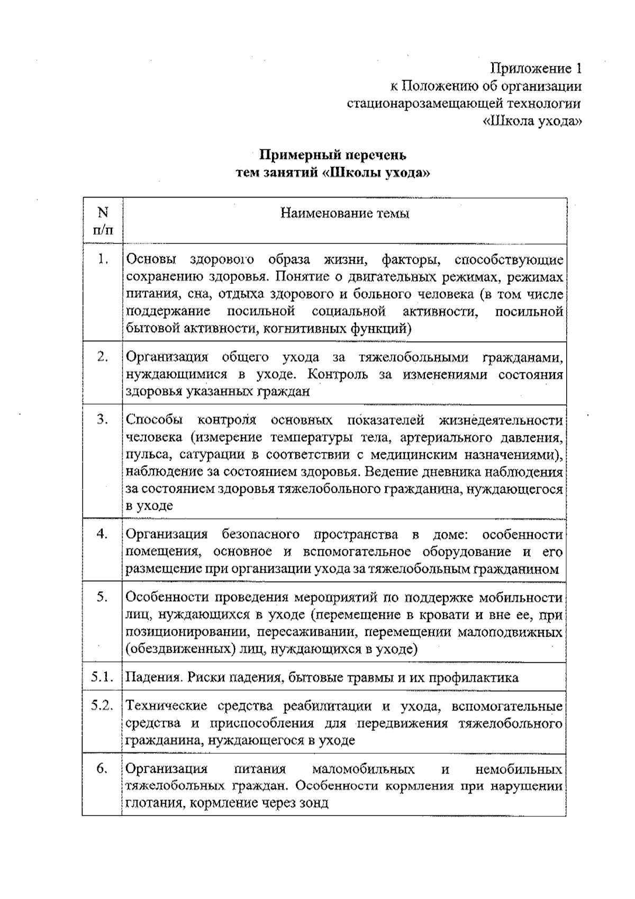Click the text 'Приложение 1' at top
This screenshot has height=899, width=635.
point(536,69)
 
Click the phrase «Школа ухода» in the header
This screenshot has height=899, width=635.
point(533,121)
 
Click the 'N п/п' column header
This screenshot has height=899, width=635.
point(103,221)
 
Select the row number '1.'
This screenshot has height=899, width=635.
point(103,260)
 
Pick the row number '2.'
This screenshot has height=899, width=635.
point(103,357)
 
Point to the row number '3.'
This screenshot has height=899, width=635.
point(103,420)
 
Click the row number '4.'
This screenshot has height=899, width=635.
point(103,534)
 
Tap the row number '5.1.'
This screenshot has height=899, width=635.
point(102,677)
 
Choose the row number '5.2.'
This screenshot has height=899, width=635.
point(102,706)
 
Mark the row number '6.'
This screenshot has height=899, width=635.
point(103,768)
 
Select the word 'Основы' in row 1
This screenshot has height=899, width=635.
point(148,260)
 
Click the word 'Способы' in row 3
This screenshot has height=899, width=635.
point(154,420)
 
